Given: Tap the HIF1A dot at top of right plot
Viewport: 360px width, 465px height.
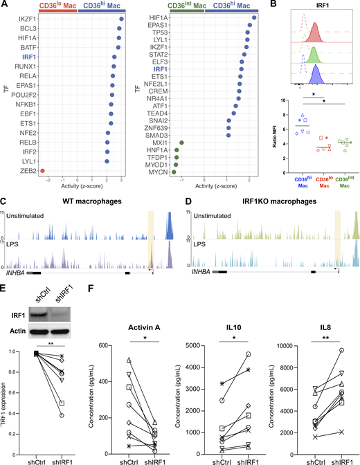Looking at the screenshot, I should [254, 17].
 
